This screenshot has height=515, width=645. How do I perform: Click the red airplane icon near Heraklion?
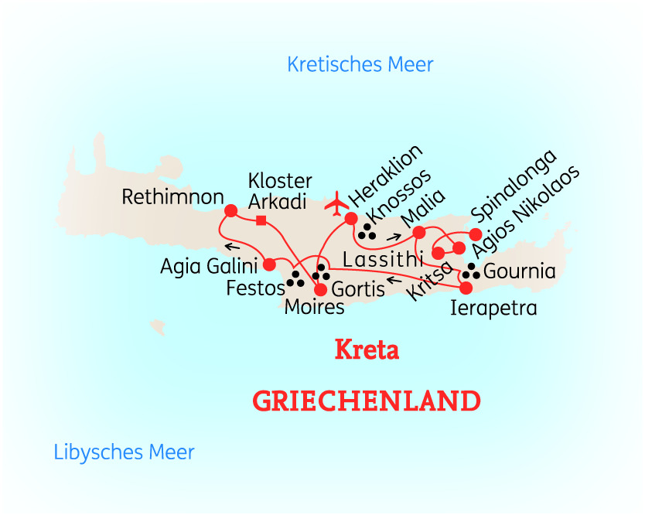coord(336,203)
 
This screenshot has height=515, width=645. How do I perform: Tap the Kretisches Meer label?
coord(360,64)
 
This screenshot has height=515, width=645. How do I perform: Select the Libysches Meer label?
coord(124,452)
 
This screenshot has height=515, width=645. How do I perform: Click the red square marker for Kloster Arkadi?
coord(261,221)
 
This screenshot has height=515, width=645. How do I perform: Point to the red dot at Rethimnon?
coord(230,210)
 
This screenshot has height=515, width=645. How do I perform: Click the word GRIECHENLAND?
coord(367,401)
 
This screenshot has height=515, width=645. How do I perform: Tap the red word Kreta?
coord(367,350)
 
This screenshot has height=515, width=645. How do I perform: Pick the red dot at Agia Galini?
coord(269,264)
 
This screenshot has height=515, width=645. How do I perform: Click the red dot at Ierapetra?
coord(466,288)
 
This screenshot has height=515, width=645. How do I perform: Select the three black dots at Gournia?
coord(471,271)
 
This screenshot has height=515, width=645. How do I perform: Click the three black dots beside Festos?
coord(295,279)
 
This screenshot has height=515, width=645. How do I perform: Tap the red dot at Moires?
coord(320,290)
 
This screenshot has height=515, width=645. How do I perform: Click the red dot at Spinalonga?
coord(476,234)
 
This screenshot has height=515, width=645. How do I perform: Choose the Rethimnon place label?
coord(173,198)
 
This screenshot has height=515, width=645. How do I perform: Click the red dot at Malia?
coord(419,232)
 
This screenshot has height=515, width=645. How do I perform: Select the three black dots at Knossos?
coord(367,232)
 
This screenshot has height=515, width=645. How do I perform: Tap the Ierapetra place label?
coord(493,309)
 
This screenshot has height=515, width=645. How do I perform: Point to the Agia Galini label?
coord(208,268)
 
